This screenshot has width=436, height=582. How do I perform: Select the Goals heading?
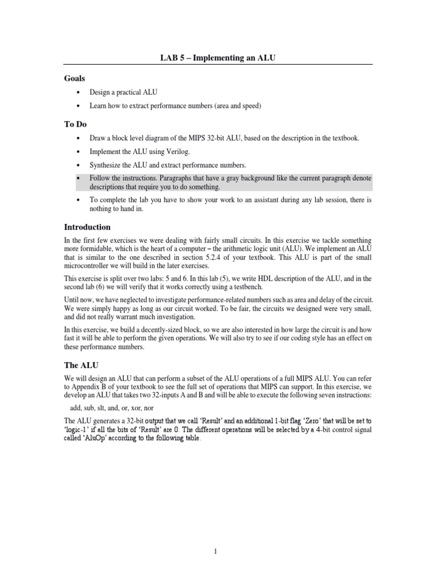(x=75, y=78)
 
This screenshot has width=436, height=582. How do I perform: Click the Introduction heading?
(x=87, y=227)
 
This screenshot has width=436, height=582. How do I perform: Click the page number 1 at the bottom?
(x=218, y=550)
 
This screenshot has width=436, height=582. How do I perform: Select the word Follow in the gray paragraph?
(x=99, y=178)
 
